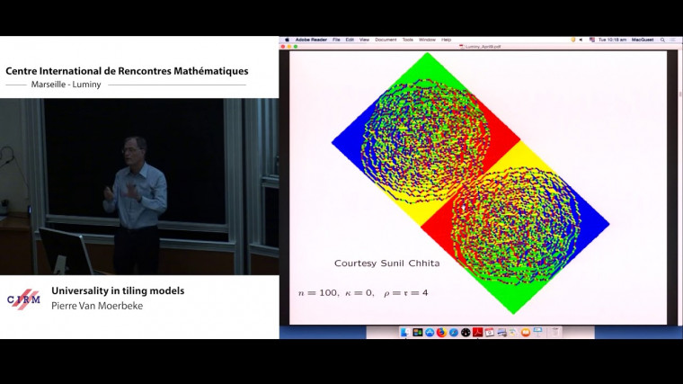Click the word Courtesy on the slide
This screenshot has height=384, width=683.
tap(352, 263)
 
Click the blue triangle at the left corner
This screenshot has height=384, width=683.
tap(347, 142)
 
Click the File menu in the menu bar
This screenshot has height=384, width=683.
tap(336, 40)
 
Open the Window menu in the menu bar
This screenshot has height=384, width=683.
tap(427, 40)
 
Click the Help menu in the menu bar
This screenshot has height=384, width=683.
tap(447, 40)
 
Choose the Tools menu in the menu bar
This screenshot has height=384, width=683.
tap(408, 40)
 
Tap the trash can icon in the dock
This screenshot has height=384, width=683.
tap(554, 332)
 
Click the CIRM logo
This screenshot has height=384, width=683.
tap(23, 299)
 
